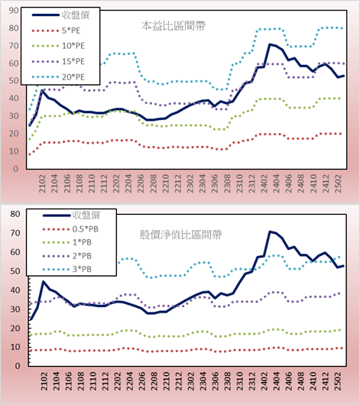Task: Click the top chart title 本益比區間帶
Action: pyautogui.click(x=174, y=26)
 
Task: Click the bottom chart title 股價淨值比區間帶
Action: pyautogui.click(x=180, y=235)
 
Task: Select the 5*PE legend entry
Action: pyautogui.click(x=56, y=31)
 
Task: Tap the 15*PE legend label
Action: pyautogui.click(x=73, y=61)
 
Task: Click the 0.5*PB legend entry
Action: pyautogui.click(x=70, y=229)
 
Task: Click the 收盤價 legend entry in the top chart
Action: pyautogui.click(x=60, y=15)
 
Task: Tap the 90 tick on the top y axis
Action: pyautogui.click(x=14, y=11)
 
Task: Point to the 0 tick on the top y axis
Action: pyautogui.click(x=16, y=169)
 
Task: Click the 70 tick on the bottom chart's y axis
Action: pyautogui.click(x=15, y=233)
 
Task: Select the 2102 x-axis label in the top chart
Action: pyautogui.click(x=42, y=183)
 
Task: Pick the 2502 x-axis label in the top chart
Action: pyautogui.click(x=338, y=183)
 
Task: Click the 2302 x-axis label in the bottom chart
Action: pyautogui.click(x=191, y=381)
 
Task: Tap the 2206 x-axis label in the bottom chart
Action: pyautogui.click(x=141, y=381)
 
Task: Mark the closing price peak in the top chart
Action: pyautogui.click(x=270, y=44)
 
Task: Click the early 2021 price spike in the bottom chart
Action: pyautogui.click(x=43, y=281)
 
